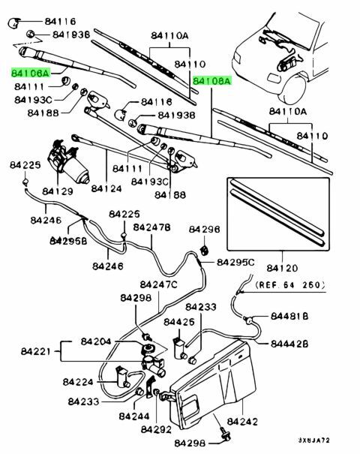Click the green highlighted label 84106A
pos(31,73)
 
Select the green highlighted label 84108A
pos(212,81)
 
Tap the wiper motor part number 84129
pos(58,191)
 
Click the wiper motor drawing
pos(68,161)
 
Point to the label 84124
pos(106,188)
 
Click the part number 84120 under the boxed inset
pos(282,268)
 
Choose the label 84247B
pos(151,227)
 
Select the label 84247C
pos(158,284)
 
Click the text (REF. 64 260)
pos(290,284)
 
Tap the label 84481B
pos(289,316)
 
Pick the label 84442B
pos(289,344)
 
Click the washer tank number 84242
pos(242,422)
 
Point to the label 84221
pos(36,351)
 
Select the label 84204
pos(96,341)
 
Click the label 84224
pos(78,382)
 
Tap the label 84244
pos(134,416)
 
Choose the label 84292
pos(156,429)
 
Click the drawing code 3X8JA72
pos(314,440)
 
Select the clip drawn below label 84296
pos(205,250)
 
